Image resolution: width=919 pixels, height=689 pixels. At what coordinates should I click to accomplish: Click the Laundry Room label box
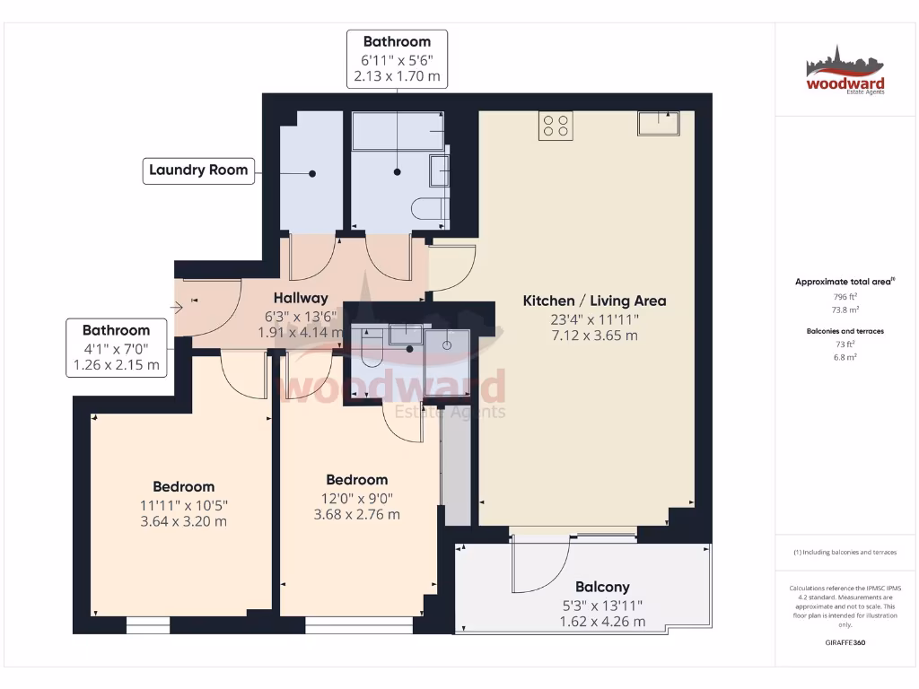[198, 170]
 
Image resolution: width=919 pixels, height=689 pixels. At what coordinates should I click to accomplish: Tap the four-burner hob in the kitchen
[556, 126]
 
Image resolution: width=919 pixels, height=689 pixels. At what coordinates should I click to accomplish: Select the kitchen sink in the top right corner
[660, 123]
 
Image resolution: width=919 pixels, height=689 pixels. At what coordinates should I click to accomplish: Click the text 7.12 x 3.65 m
[594, 336]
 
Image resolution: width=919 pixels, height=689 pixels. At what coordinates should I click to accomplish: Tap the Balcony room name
[602, 587]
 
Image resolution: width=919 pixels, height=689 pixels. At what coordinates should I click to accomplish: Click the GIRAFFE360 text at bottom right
[845, 642]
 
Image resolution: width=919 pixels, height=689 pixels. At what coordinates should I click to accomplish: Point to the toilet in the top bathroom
[430, 210]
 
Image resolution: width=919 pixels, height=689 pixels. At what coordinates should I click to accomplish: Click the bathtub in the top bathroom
[398, 131]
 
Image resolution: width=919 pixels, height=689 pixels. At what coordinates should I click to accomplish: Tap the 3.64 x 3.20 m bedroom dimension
[183, 521]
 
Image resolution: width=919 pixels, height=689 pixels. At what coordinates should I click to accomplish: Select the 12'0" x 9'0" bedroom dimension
[356, 498]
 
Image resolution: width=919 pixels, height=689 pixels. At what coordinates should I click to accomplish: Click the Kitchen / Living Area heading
[594, 301]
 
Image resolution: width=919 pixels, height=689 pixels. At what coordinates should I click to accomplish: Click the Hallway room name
[301, 298]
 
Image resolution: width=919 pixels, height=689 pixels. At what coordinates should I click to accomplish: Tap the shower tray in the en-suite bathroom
[447, 349]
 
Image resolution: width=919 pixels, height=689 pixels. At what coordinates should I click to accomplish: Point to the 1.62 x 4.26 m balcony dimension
[602, 622]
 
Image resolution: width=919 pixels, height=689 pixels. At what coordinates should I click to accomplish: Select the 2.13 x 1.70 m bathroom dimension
[397, 76]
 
